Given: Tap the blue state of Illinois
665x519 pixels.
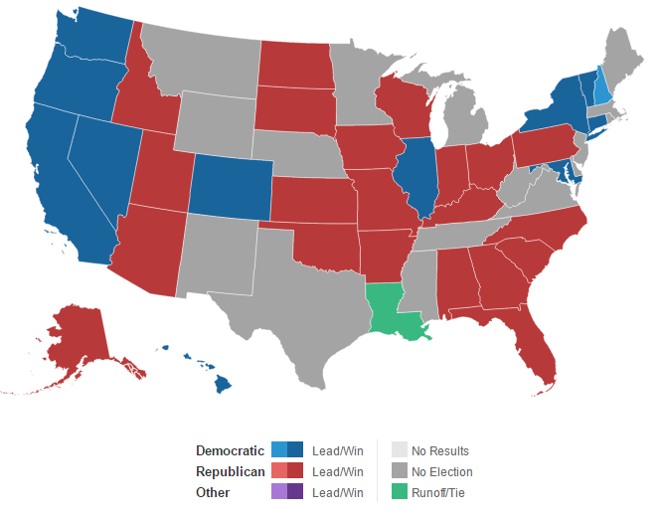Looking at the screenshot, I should coord(416,180).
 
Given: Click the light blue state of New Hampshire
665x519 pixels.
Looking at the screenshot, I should coord(601,85).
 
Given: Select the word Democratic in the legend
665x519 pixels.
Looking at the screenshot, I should coord(230,450).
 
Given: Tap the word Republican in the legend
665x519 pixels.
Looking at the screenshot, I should coord(230,471).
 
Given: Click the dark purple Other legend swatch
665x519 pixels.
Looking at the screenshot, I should coord(295,492).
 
